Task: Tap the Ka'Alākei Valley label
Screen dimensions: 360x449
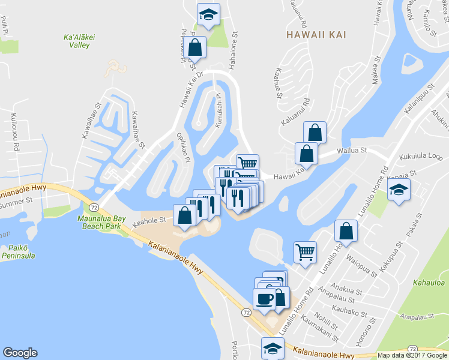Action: pos(76,40)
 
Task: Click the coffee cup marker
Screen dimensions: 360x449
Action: pos(265,298)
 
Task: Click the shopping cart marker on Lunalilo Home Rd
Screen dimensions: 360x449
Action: pos(306,251)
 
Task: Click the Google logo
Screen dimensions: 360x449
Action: pos(20,353)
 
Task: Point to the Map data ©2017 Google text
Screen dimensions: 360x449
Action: pos(412,355)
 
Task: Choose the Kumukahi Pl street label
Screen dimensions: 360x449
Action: pos(218,110)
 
